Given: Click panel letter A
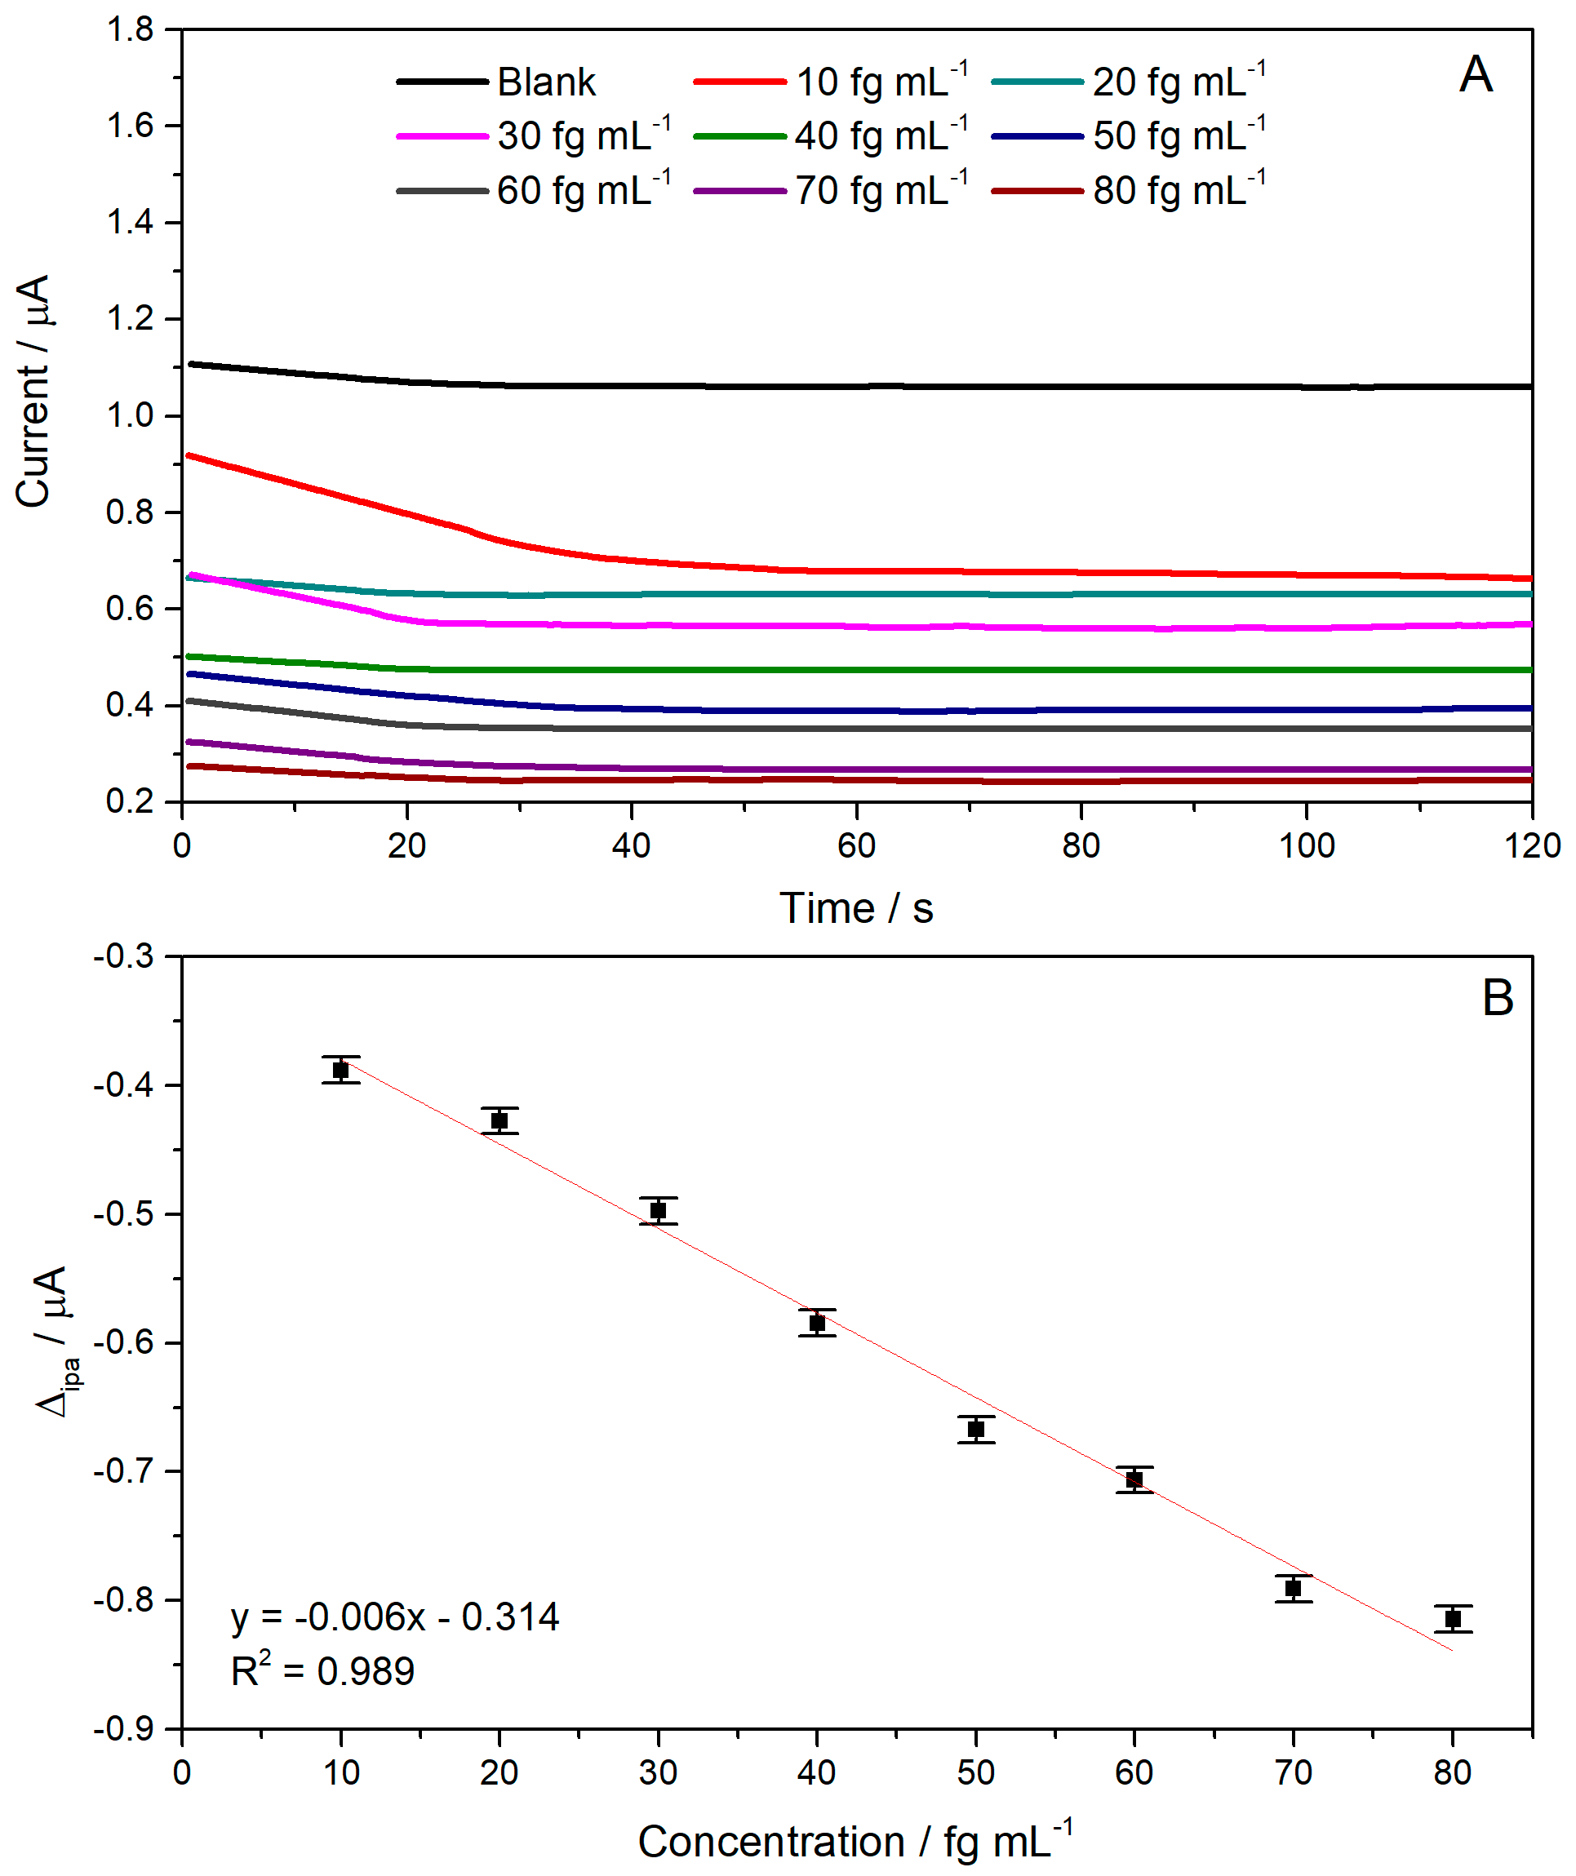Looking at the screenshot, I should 1475,74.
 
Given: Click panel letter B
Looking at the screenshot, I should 1498,998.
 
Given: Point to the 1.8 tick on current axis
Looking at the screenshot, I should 130,29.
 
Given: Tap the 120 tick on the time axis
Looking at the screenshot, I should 1531,845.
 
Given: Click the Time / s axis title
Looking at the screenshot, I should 856,908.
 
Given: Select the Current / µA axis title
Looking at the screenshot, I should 34,392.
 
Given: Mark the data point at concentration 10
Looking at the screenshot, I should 340,1071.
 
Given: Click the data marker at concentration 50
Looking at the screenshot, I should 975,1430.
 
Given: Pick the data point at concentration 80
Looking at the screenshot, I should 1453,1619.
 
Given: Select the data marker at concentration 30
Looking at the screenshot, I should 659,1210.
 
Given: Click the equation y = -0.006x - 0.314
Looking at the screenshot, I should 394,1617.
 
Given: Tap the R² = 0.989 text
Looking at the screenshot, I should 322,1671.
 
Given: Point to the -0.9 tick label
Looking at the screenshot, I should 123,1728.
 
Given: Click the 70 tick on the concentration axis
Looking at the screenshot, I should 1293,1772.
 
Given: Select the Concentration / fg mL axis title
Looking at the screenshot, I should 855,1841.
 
